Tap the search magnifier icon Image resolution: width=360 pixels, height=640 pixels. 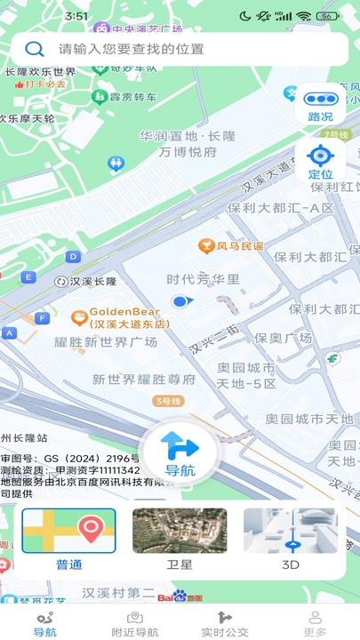[35, 49]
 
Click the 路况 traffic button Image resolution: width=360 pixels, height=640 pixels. [320, 105]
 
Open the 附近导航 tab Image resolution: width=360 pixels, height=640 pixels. [135, 623]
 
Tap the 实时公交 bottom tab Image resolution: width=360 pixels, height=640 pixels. [225, 623]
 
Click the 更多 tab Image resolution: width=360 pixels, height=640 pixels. [315, 623]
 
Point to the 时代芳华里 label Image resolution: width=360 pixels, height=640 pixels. [204, 279]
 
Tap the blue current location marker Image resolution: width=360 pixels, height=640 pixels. [180, 301]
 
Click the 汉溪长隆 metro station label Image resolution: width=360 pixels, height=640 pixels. [86, 281]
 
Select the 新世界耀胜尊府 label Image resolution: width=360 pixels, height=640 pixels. [144, 379]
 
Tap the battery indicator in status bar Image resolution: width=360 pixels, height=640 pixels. [328, 16]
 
